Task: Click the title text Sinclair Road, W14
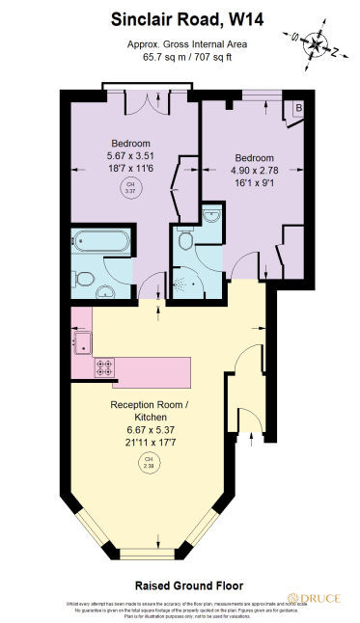[x=179, y=17]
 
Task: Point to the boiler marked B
[x=298, y=108]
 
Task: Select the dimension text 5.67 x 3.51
[x=129, y=154]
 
